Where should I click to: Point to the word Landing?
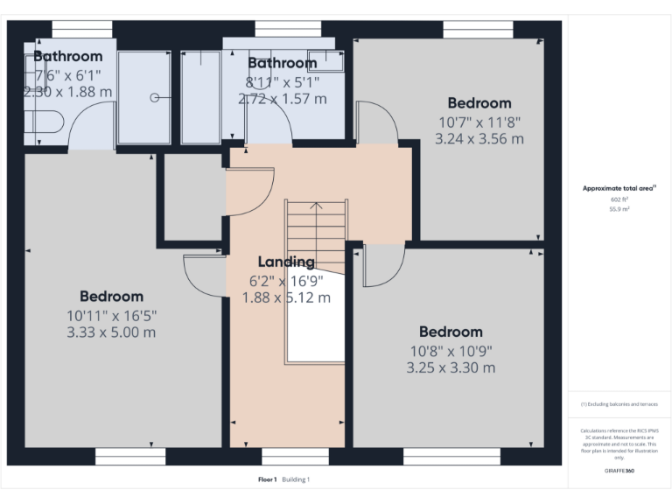(286, 262)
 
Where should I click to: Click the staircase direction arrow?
(316, 206)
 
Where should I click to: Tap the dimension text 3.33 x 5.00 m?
(111, 332)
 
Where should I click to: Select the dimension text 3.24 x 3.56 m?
(479, 138)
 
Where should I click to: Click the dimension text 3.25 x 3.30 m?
(451, 367)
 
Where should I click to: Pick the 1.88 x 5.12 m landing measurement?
(286, 297)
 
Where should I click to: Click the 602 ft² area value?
(619, 199)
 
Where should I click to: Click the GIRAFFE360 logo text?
(619, 471)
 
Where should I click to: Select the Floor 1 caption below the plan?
(268, 479)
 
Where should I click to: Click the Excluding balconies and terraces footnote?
(619, 404)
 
